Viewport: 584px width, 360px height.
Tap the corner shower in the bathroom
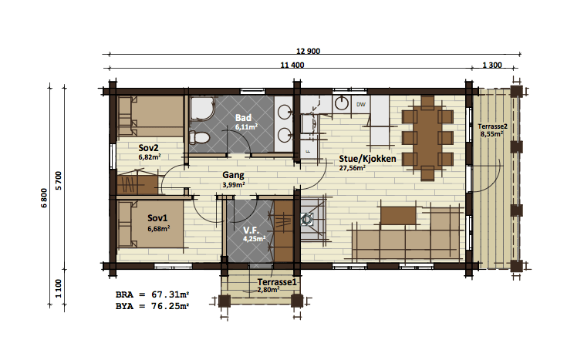(202, 109)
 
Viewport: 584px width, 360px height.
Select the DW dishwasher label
(361, 105)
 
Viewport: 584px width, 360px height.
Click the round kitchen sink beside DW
(341, 103)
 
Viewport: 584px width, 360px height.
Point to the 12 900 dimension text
(308, 52)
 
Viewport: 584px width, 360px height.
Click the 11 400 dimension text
(292, 66)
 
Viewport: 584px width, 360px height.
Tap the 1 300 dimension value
(492, 66)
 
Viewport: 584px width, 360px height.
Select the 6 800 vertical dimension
(44, 198)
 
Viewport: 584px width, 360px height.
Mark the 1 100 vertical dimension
(59, 288)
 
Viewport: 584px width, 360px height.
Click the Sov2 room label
(148, 148)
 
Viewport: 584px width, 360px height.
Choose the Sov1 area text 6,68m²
(159, 229)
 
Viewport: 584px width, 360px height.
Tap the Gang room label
(233, 175)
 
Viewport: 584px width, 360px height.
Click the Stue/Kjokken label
(367, 159)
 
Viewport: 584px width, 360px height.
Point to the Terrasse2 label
(492, 126)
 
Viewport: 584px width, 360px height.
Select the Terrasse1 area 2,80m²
(268, 289)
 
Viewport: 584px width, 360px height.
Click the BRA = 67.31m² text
(152, 294)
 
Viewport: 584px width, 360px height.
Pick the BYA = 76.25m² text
(152, 306)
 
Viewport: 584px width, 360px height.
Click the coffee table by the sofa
(398, 216)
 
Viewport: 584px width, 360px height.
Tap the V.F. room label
(251, 230)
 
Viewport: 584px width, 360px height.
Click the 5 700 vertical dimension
(59, 181)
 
